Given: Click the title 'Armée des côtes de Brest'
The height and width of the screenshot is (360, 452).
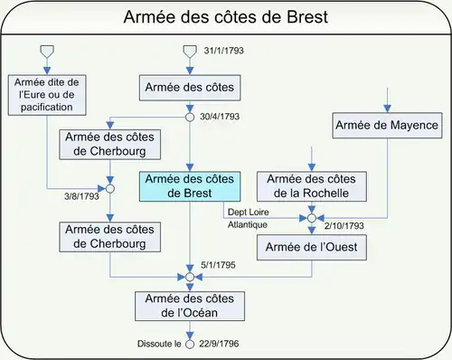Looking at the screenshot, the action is [x=225, y=18].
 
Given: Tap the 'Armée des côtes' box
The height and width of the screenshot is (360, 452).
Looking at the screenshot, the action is [x=190, y=89].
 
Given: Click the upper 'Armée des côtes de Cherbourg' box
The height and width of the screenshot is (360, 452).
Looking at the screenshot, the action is [x=109, y=144].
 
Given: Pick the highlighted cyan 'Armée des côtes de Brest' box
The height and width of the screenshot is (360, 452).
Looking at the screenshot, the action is [x=191, y=186].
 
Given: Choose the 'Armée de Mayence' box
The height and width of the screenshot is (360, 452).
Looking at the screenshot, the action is [x=386, y=125].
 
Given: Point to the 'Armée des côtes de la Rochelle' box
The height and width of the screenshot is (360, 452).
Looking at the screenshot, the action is [x=312, y=186].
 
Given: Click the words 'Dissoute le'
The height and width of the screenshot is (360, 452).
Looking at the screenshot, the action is [x=157, y=345].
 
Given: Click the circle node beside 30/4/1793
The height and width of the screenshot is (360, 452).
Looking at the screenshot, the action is [x=190, y=117].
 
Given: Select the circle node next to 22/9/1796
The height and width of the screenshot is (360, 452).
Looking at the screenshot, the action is [x=190, y=344].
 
